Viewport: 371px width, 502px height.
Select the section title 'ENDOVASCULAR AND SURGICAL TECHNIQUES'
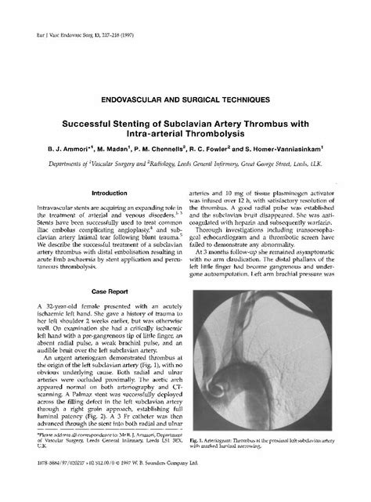[185, 101]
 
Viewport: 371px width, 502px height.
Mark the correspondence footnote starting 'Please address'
[110, 461]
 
